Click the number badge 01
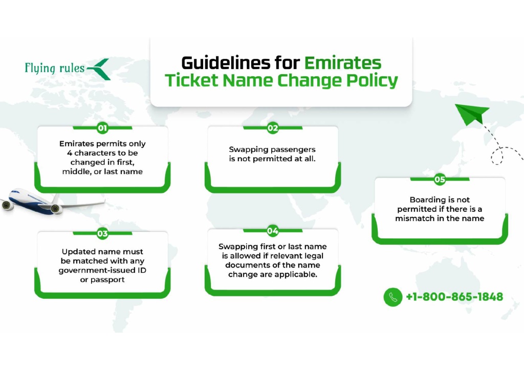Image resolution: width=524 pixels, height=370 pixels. coord(102,127)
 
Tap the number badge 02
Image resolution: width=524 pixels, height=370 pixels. coord(273,127)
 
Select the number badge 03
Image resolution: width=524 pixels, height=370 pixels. coord(102,233)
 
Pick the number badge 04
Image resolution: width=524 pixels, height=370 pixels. coord(273,231)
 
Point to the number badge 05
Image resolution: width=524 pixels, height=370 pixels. coord(440,180)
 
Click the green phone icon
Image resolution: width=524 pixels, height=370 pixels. coord(393,297)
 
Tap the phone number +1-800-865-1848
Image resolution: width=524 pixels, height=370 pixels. coord(454,297)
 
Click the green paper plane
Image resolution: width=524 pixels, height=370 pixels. coord(471,114)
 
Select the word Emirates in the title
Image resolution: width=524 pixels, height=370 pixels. coord(342,63)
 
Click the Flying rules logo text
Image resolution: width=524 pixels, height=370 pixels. coord(55,68)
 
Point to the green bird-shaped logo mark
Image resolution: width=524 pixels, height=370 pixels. coord(99,69)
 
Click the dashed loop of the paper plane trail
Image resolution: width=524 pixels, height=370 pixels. coord(497,156)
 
